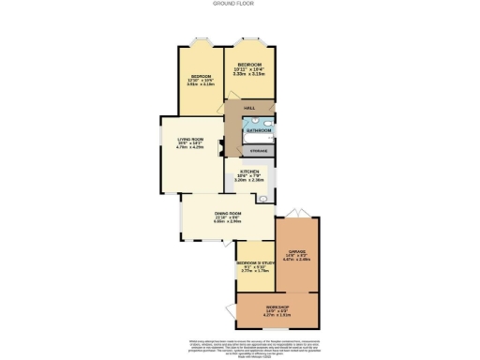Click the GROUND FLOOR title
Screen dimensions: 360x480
coord(239,5)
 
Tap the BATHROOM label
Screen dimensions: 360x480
coord(259,130)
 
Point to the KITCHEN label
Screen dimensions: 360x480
coord(249,172)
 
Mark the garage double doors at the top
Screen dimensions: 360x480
coord(298,212)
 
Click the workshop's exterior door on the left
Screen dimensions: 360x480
coord(230,311)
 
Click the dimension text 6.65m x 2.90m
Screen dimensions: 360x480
coord(229,223)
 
